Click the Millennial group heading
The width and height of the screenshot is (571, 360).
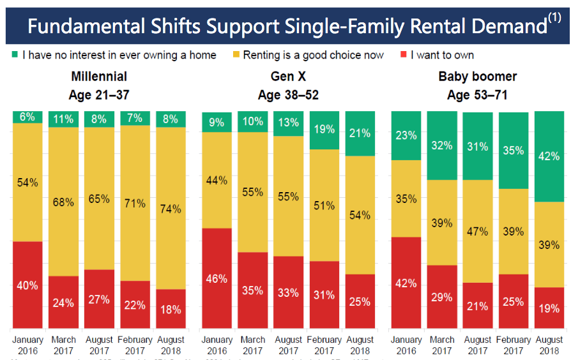(99, 77)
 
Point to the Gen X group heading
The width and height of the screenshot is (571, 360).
(288, 77)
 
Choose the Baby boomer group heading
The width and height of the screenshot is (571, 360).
(478, 77)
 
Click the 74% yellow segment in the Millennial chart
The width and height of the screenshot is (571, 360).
(171, 208)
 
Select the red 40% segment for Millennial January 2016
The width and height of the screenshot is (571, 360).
(27, 285)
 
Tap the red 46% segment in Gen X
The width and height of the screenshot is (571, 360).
(217, 278)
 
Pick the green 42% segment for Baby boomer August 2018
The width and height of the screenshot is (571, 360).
(549, 156)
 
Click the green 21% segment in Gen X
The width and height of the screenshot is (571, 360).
(360, 133)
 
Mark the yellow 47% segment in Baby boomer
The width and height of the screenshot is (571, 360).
(477, 231)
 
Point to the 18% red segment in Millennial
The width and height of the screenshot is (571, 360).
(171, 309)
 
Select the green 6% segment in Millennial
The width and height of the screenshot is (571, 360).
(27, 117)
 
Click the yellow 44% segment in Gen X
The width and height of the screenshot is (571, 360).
(217, 180)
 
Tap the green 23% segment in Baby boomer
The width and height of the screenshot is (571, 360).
(406, 135)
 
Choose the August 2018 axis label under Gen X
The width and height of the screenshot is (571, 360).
(360, 345)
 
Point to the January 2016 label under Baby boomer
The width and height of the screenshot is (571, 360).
(406, 345)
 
